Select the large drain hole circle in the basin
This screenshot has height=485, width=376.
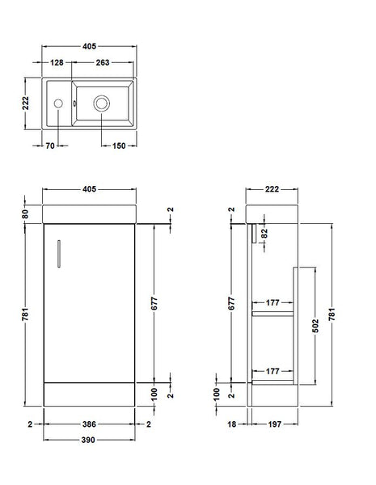102,103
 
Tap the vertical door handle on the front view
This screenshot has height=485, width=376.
58,251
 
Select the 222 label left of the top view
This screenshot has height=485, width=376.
26,104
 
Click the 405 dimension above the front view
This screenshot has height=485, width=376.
89,189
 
